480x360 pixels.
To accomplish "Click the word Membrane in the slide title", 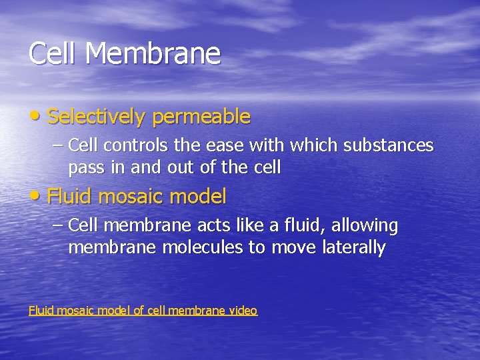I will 153,53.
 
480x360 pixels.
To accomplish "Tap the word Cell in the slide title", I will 52,53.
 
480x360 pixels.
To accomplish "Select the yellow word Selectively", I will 97,117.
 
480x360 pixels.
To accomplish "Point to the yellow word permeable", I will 201,117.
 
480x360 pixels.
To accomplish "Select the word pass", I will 86,167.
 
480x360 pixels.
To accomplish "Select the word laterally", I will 353,248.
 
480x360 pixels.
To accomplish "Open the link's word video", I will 243,310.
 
